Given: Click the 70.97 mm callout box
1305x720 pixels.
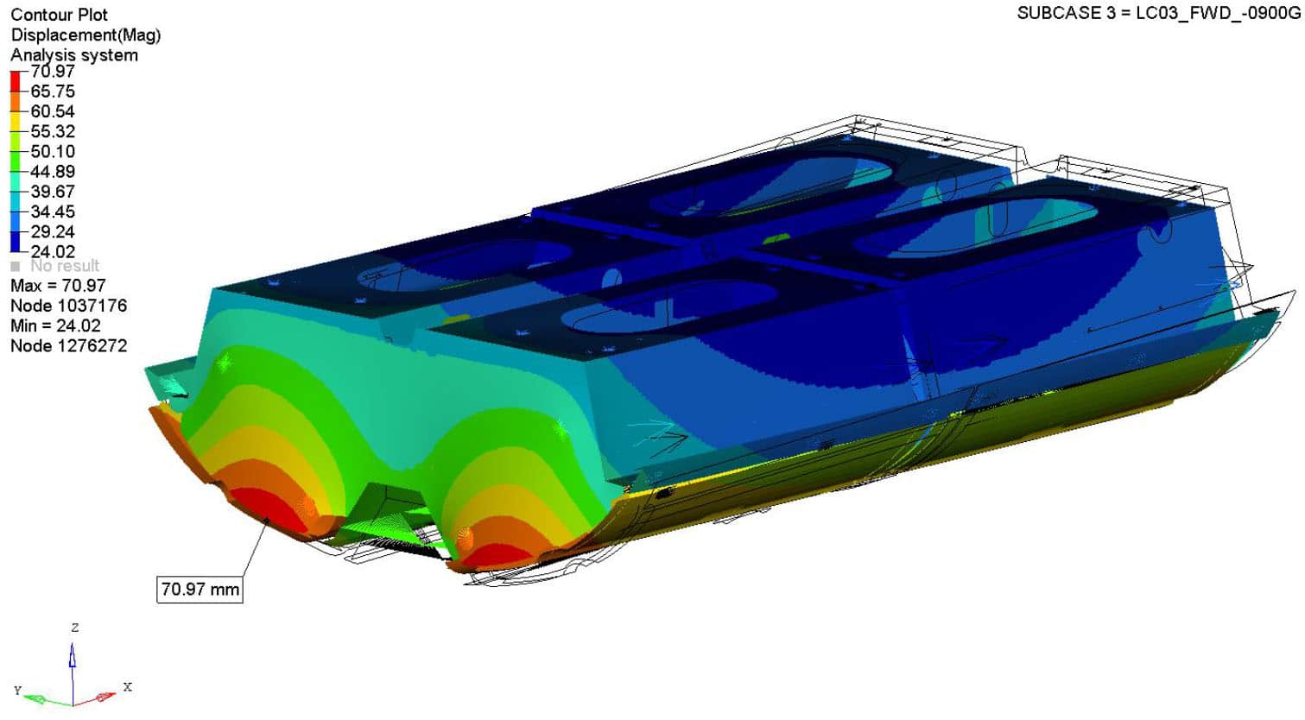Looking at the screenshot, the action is click(x=200, y=589).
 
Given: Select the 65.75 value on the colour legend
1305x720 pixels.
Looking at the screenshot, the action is click(x=53, y=92).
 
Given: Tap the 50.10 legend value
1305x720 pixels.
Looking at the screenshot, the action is click(x=53, y=151).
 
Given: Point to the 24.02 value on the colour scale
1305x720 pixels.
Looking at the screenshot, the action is click(x=53, y=251).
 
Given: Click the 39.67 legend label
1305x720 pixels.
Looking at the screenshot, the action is click(x=53, y=192).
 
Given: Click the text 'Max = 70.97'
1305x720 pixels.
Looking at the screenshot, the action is click(x=58, y=286).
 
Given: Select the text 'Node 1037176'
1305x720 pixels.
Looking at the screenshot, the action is click(x=69, y=306).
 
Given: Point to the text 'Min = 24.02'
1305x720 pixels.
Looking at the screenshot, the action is click(x=56, y=325).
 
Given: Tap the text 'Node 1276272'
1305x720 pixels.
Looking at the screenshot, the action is click(x=69, y=346).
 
